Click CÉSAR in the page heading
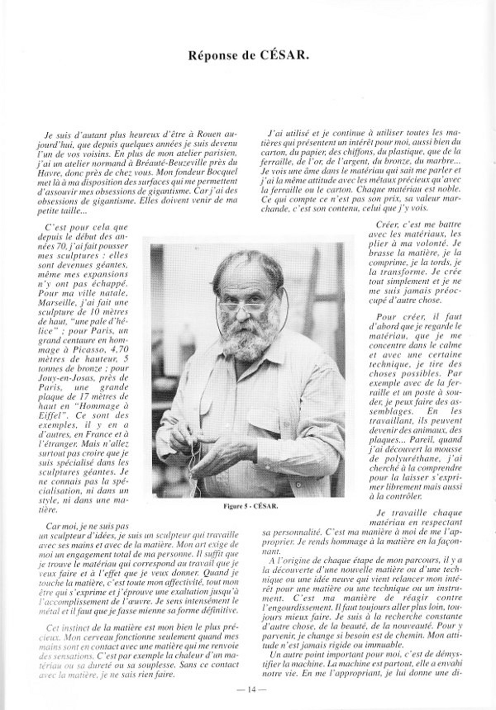pos(285,57)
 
